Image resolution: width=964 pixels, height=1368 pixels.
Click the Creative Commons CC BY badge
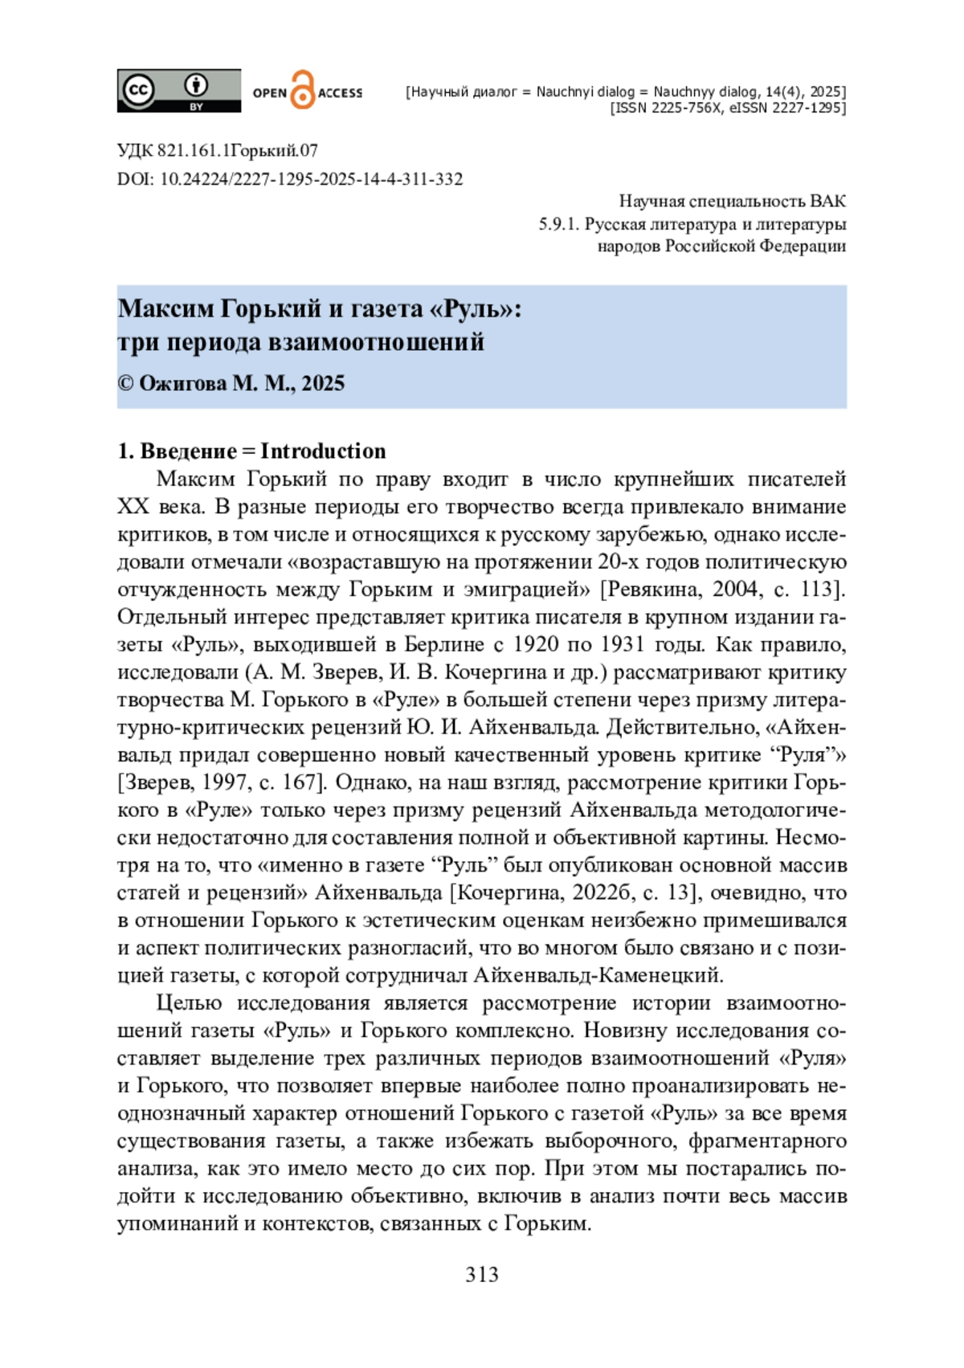click(x=178, y=90)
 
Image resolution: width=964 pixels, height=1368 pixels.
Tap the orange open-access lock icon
click(x=302, y=90)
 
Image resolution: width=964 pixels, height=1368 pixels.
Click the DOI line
click(x=290, y=179)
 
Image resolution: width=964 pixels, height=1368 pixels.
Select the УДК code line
click(x=217, y=150)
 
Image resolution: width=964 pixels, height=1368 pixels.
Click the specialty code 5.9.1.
click(x=558, y=224)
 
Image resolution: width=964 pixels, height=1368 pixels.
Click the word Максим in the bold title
click(x=165, y=308)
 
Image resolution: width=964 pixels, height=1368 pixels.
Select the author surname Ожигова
click(x=182, y=383)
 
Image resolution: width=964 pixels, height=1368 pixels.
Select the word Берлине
click(x=444, y=644)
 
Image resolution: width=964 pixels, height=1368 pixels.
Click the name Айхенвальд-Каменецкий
click(x=598, y=975)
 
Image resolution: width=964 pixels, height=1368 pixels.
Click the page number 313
click(x=481, y=1275)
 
